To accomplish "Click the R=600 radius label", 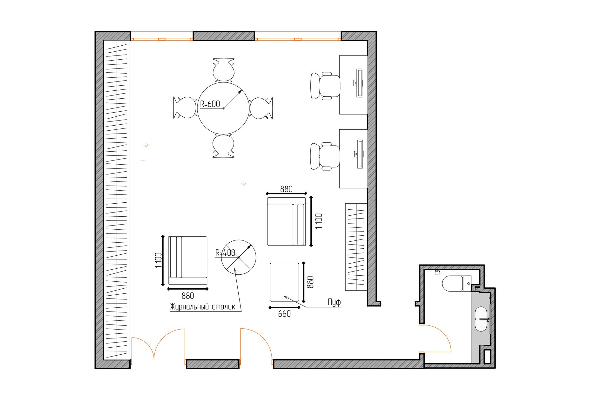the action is (210, 104).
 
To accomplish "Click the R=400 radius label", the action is (225, 253).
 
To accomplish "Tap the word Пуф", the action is (334, 302).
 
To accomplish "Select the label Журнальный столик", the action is (203, 307).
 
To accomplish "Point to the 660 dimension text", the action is (284, 314).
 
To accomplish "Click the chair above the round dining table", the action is (224, 70).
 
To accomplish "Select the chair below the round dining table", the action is (224, 146).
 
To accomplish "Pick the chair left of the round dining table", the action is (185, 108).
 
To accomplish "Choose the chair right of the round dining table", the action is (261, 108).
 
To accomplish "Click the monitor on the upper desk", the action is (359, 83).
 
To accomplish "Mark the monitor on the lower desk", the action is (359, 154).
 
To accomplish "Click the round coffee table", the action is (239, 257).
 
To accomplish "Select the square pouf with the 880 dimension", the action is (284, 282).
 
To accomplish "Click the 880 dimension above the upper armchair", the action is (286, 189).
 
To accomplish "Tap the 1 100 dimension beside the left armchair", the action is (159, 260).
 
